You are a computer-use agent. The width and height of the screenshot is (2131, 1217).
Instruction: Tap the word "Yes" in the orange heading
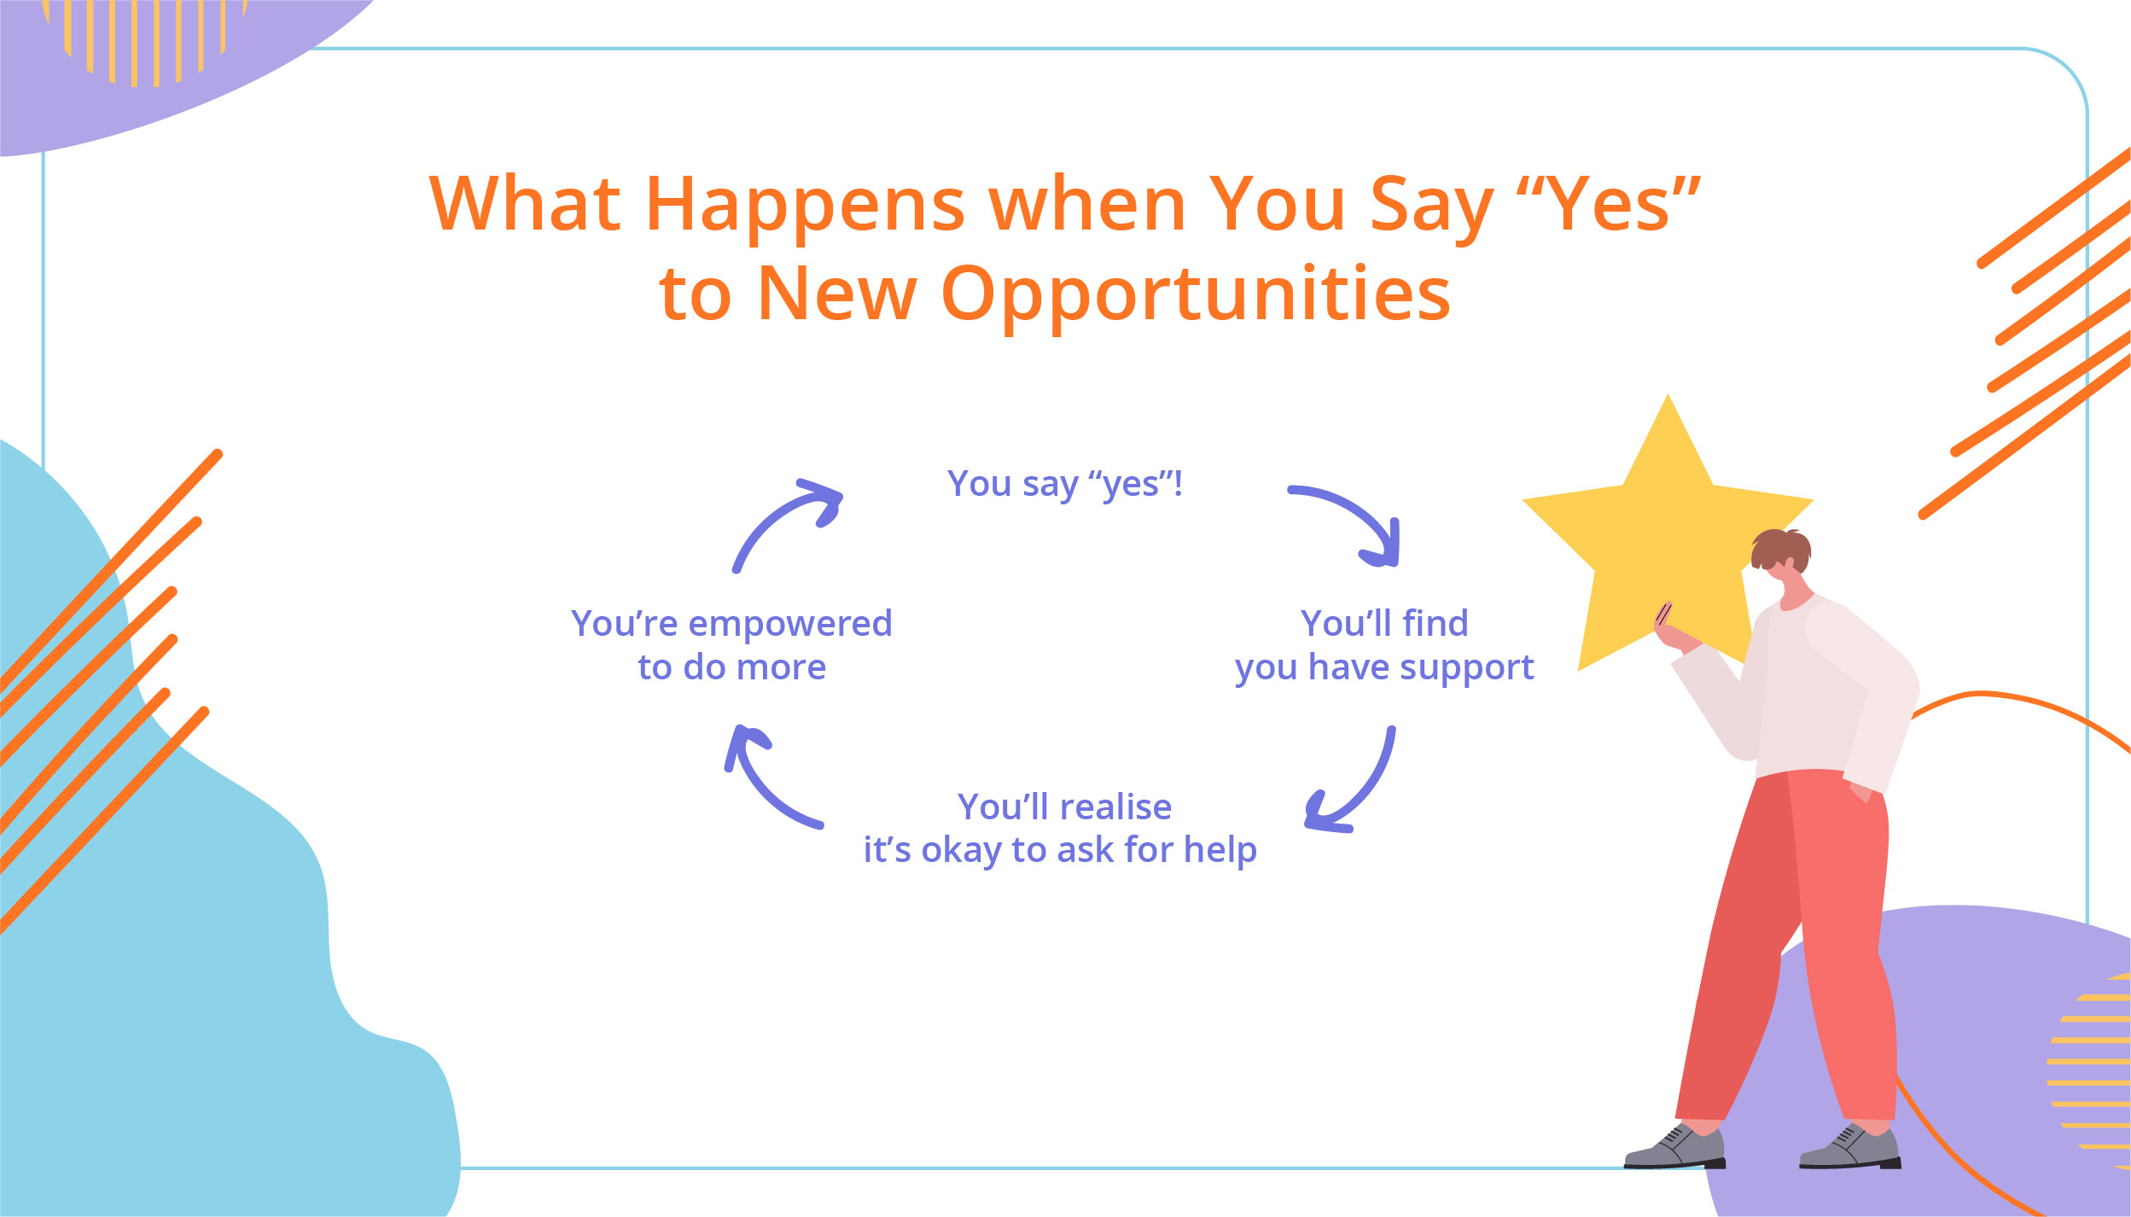1609,205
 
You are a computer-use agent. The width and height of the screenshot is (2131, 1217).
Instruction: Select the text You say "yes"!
1064,484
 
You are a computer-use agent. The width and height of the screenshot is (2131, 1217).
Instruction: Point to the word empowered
789,624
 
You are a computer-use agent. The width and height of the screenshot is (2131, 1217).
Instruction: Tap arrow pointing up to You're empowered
764,777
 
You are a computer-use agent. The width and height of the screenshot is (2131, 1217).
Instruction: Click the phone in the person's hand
1663,614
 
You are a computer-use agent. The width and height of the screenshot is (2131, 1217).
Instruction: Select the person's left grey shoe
1674,1148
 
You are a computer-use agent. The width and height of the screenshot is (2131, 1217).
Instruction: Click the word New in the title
836,294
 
